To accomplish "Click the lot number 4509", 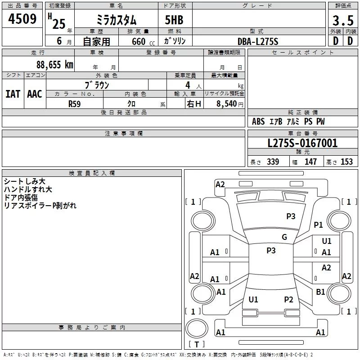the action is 22,18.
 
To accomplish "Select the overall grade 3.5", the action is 343,20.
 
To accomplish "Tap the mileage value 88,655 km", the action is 55,64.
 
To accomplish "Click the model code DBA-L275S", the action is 258,41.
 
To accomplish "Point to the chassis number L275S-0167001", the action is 302,143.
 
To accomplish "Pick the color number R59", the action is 75,104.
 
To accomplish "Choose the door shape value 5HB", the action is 174,20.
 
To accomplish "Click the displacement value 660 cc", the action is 143,41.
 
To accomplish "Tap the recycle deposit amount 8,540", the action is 226,103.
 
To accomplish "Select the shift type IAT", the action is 13,94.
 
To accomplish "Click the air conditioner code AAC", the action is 35,94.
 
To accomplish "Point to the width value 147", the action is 310,162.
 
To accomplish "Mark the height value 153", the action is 346,162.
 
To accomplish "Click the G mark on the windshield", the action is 284,237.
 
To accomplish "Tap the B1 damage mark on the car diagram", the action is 320,292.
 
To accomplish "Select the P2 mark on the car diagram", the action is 288,299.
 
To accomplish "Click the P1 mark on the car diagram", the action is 318,225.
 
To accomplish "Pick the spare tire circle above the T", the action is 197,328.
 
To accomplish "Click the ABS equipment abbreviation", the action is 258,121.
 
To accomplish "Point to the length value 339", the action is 273,162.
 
